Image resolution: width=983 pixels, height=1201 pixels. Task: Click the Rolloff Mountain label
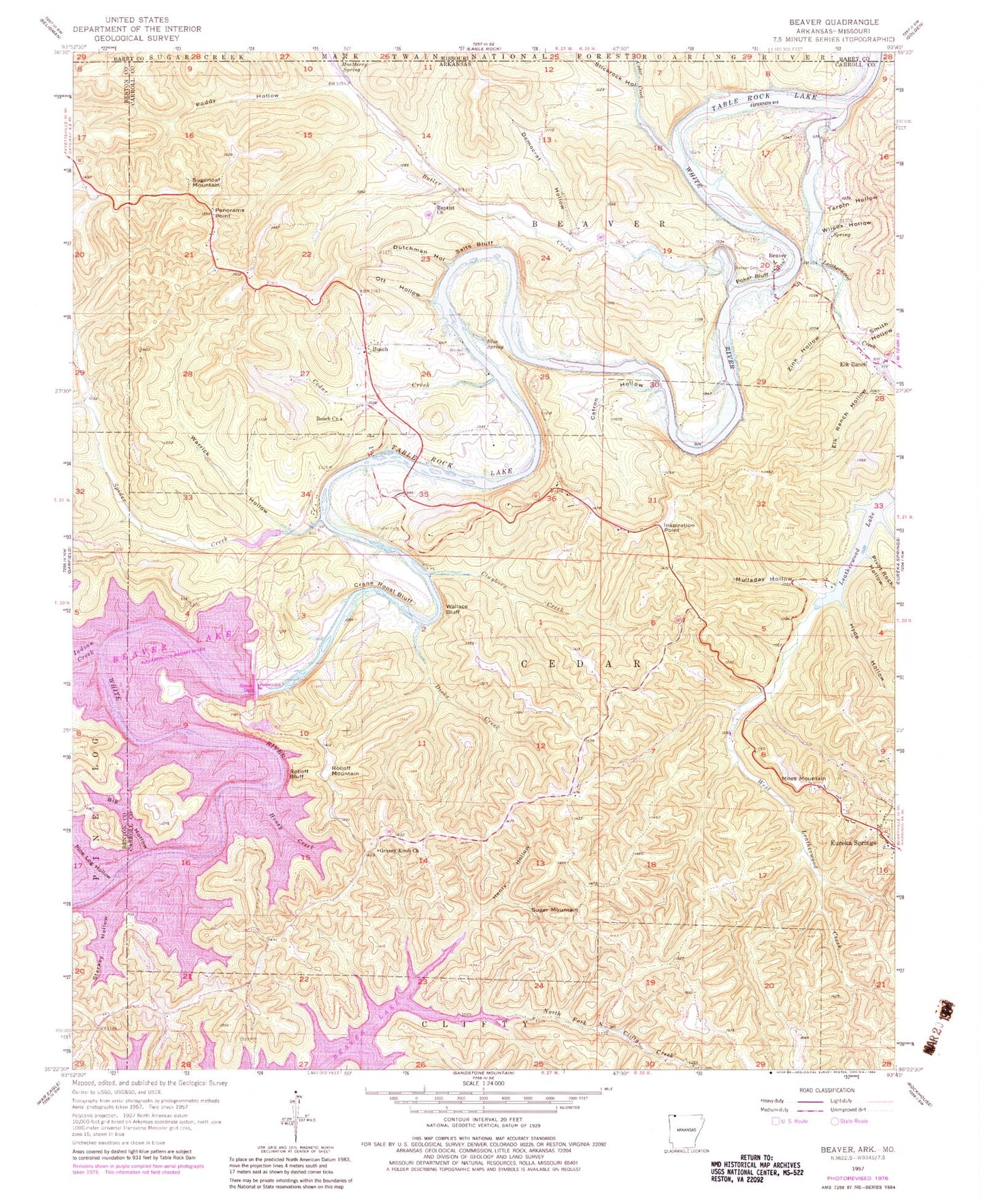tap(345, 771)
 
